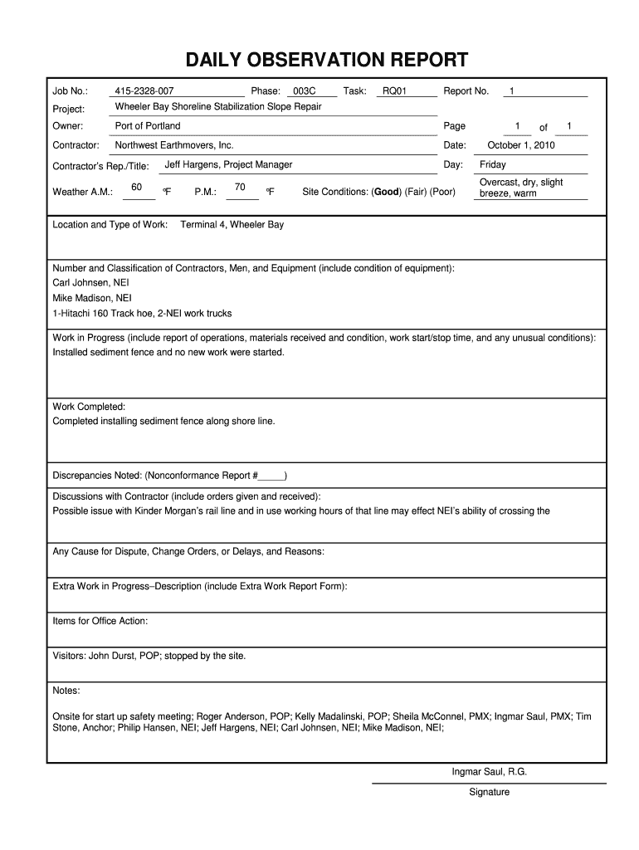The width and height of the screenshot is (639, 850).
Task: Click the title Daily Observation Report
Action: tap(326, 60)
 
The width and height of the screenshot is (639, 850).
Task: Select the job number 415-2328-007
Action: tap(144, 90)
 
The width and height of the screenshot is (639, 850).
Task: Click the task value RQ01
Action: tap(394, 90)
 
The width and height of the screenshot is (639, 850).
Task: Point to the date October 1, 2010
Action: tap(521, 145)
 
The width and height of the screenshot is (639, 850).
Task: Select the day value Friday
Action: tap(492, 164)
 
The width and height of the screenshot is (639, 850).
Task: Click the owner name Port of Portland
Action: tap(148, 126)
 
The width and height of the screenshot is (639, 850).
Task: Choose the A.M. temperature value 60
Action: tap(137, 187)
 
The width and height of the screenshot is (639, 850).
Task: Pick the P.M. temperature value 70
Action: tap(240, 187)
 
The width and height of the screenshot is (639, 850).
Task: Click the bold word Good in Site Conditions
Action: tap(387, 192)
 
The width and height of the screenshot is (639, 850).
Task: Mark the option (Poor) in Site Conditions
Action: tap(441, 192)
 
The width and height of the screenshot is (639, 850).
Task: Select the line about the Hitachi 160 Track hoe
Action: tap(142, 313)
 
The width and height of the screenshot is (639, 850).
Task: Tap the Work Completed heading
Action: tap(89, 407)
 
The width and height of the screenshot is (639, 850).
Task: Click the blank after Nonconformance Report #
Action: tap(271, 476)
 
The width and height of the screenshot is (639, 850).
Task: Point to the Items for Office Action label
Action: tap(100, 621)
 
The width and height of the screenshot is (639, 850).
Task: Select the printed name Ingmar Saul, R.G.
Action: tap(489, 772)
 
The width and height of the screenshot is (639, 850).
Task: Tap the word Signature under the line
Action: tap(489, 792)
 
